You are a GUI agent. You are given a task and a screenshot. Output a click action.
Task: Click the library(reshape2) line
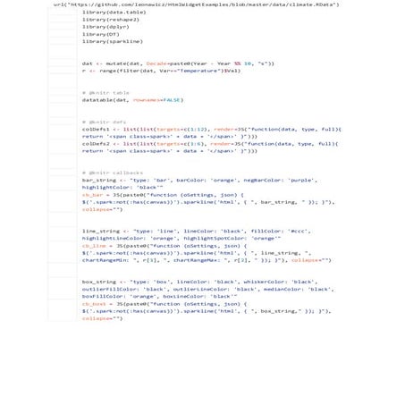(112, 19)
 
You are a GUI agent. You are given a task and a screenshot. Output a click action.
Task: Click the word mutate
(112, 63)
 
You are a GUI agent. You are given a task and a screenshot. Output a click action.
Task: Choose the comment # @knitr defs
(104, 122)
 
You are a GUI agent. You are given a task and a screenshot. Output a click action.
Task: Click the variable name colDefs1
(96, 129)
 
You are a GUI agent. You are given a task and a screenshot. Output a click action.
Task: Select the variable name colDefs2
(96, 143)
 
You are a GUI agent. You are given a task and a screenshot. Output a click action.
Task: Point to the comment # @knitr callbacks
(112, 173)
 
